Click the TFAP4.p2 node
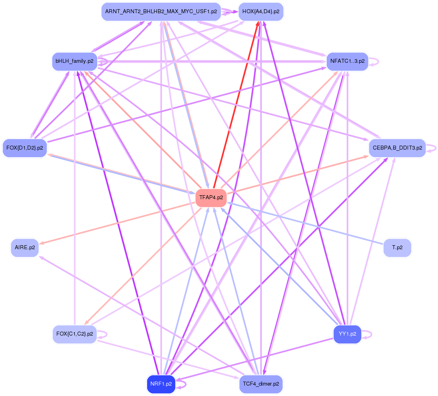pyautogui.click(x=211, y=198)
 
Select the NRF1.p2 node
pyautogui.click(x=161, y=384)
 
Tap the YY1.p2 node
pyautogui.click(x=348, y=334)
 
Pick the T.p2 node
pyautogui.click(x=397, y=248)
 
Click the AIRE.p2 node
pyautogui.click(x=25, y=248)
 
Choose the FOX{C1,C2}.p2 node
pyautogui.click(x=74, y=334)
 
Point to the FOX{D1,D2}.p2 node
pyautogui.click(x=24, y=148)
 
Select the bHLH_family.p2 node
pyautogui.click(x=74, y=61)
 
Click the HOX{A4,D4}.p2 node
pyautogui.click(x=261, y=12)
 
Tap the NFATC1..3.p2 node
pyautogui.click(x=348, y=61)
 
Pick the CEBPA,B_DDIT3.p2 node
pyautogui.click(x=398, y=148)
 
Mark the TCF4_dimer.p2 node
pyautogui.click(x=261, y=384)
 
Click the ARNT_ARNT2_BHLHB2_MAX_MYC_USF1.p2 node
pyautogui.click(x=161, y=12)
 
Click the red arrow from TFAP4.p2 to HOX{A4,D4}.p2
pyautogui.click(x=236, y=105)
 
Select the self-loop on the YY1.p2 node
pyautogui.click(x=367, y=334)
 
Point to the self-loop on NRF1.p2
pyautogui.click(x=181, y=384)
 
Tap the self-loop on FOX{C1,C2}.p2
pyautogui.click(x=102, y=334)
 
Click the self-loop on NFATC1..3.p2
pyautogui.click(x=374, y=62)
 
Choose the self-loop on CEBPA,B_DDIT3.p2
pyautogui.click(x=431, y=148)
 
